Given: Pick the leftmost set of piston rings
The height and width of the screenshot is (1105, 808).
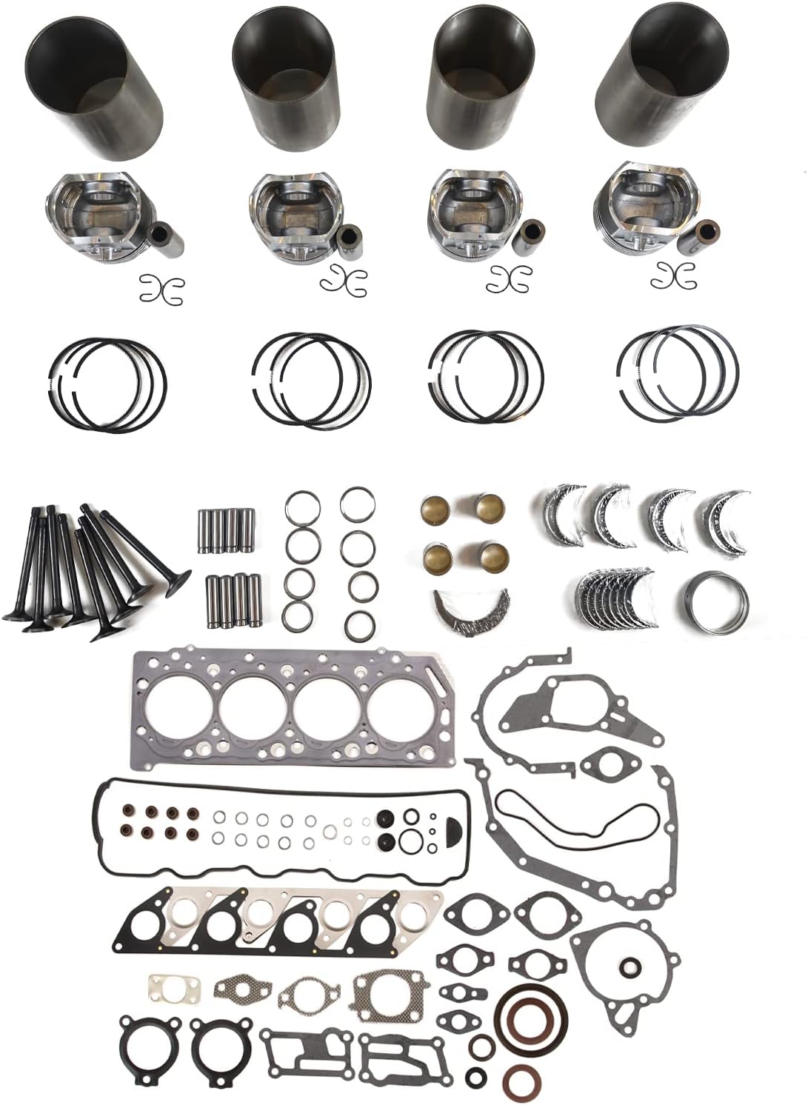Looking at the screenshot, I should (x=107, y=384).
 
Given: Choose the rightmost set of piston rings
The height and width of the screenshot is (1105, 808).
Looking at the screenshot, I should (x=678, y=370).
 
